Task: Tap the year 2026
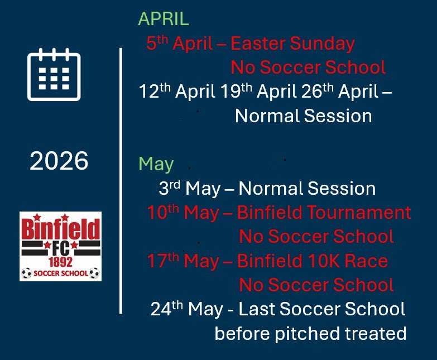coord(59,161)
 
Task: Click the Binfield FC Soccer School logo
coord(60,246)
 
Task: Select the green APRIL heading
coord(164,19)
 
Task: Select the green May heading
coord(156,164)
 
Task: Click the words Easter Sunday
coord(292,44)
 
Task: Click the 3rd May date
coord(189,189)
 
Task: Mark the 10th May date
coord(186,213)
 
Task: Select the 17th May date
coord(186,261)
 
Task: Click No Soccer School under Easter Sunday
coord(308,68)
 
